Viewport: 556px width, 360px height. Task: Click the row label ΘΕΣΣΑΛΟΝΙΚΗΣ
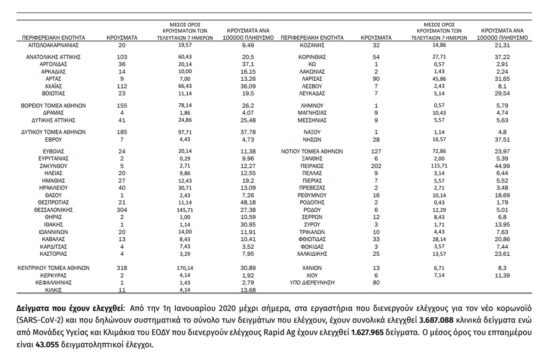[53, 210]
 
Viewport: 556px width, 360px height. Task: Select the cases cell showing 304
[122, 210]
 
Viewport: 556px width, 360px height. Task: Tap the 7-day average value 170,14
[185, 268]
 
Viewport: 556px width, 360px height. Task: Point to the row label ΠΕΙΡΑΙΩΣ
[312, 166]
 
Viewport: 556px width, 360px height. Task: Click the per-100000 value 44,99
[502, 166]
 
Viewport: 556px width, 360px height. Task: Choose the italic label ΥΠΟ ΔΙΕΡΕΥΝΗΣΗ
[312, 282]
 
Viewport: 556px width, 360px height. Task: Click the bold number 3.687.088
[436, 320]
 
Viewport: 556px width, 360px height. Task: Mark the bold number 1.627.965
[367, 332]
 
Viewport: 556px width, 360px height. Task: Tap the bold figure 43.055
[47, 345]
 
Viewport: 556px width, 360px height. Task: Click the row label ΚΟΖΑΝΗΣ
[312, 45]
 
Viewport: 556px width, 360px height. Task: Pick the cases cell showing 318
[122, 268]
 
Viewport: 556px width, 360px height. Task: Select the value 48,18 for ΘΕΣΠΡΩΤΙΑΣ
[248, 202]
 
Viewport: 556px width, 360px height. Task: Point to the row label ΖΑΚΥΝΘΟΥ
[53, 166]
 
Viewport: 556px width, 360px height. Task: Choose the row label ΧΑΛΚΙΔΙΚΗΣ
[312, 254]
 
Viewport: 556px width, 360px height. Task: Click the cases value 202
[376, 166]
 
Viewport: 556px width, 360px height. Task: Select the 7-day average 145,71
[185, 210]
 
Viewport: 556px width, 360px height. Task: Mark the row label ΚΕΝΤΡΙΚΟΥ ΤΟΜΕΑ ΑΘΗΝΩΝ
[53, 268]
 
